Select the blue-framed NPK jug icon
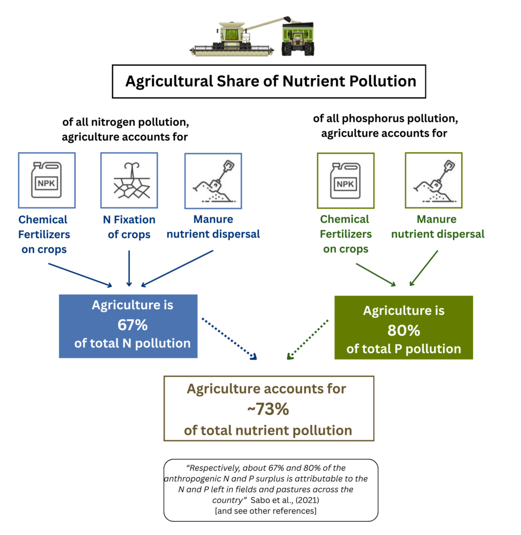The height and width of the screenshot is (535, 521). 47,180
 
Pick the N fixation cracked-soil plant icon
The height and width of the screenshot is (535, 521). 129,180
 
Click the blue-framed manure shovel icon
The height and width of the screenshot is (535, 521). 213,180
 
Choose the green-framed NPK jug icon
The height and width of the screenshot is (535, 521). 345,180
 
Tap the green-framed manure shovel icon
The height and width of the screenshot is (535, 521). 433,180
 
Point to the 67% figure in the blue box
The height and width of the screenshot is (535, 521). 133,325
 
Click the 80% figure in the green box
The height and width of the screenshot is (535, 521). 403,331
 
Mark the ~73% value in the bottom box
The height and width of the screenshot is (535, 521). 268,410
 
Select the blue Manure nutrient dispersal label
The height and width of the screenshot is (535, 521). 213,227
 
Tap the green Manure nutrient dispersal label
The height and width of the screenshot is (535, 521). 437,227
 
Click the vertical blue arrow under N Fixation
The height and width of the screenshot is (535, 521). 129,267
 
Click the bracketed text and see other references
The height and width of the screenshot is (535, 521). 265,510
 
